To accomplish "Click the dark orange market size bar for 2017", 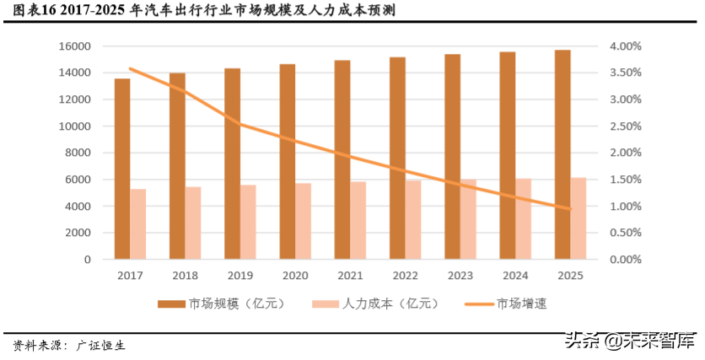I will (x=122, y=169).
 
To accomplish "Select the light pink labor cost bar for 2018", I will (x=193, y=223).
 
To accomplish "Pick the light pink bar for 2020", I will (x=303, y=221).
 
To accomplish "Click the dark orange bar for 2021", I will (x=342, y=159).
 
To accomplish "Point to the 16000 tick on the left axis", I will (x=77, y=46).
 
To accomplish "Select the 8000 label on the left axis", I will (x=80, y=153).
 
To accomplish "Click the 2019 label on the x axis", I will (x=239, y=276).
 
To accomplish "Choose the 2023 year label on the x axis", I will (x=460, y=276).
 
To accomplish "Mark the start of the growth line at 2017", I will (x=131, y=69).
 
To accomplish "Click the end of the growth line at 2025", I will (x=570, y=209).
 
